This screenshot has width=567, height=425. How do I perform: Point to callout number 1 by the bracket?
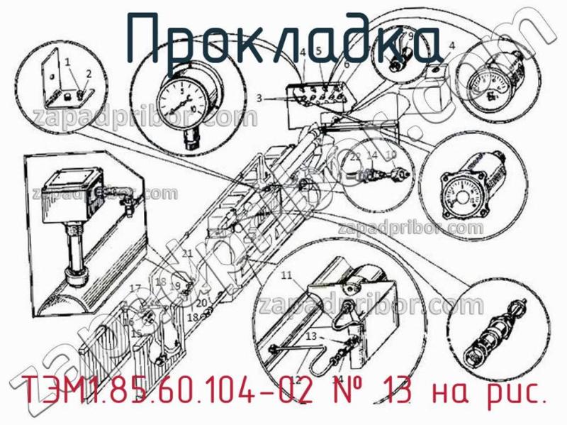68,62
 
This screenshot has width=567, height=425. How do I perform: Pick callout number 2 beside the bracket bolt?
89,73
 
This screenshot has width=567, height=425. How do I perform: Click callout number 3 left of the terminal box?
260,98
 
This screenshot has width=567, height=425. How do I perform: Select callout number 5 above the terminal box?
319,51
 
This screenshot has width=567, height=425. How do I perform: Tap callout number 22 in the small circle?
355,156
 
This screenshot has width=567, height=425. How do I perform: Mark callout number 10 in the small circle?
391,155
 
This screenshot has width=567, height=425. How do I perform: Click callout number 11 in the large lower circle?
286,275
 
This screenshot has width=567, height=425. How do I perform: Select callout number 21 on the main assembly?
187,253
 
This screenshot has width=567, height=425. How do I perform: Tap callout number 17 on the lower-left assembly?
135,287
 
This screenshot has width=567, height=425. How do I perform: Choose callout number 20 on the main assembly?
201,303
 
